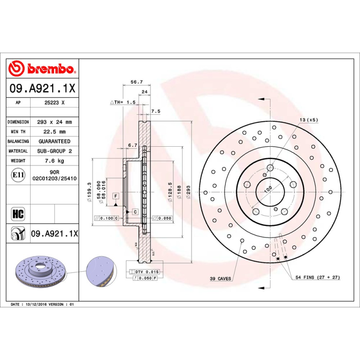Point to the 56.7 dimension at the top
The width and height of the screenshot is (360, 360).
point(136,82)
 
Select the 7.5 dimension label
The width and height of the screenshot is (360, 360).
point(156,111)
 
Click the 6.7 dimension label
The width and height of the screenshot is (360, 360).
point(132,145)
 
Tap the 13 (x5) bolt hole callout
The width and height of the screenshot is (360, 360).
point(309,120)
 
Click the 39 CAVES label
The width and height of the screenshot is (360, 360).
point(220,279)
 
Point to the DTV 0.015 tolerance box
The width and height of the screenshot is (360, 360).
point(144,272)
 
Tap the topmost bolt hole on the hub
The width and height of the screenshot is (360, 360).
point(270,168)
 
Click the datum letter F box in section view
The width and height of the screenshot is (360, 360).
point(116,196)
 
